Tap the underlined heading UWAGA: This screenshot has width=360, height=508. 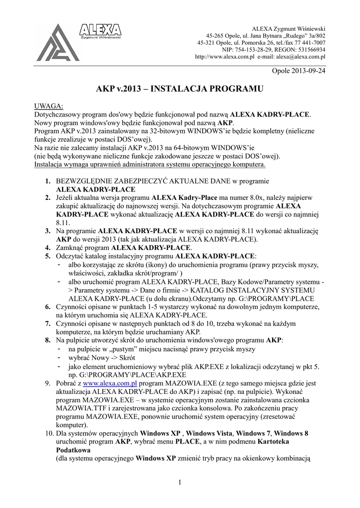pyautogui.click(x=48, y=107)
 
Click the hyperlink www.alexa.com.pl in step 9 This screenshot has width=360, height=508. pyautogui.click(x=109, y=384)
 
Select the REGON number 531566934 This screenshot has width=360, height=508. pyautogui.click(x=308, y=50)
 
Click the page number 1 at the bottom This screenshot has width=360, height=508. pyautogui.click(x=179, y=483)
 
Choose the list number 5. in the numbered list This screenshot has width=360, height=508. pyautogui.click(x=48, y=256)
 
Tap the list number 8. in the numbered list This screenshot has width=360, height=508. pyautogui.click(x=48, y=341)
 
